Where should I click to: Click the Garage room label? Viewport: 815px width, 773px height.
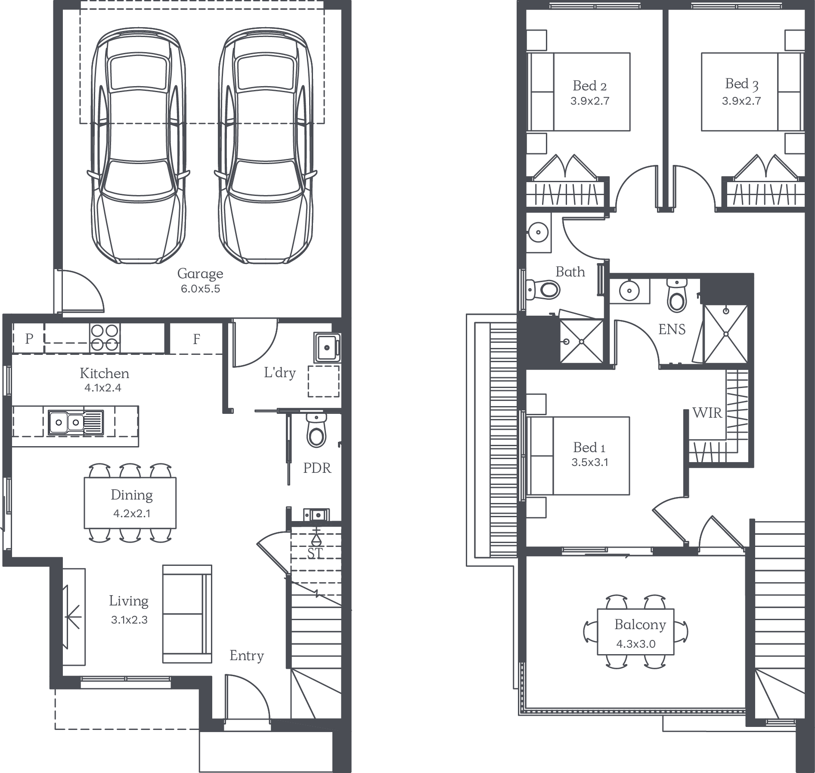(x=200, y=274)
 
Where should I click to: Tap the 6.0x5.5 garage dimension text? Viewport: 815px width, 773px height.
(x=200, y=289)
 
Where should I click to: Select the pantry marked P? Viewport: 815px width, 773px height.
(x=29, y=338)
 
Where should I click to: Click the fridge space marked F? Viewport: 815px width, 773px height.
(x=196, y=339)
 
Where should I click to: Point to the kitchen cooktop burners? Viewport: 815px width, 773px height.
(x=105, y=338)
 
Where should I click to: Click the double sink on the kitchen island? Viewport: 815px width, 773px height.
(x=75, y=422)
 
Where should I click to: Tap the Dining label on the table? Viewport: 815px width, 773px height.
(x=131, y=495)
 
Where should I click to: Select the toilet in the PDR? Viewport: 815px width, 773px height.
(x=316, y=431)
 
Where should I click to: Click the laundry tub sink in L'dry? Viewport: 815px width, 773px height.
(x=327, y=347)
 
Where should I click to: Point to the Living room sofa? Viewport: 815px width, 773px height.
(x=187, y=614)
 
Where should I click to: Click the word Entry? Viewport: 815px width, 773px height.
(x=247, y=656)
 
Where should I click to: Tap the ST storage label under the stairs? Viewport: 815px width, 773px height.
(x=315, y=553)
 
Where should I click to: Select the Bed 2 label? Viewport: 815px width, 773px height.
(x=589, y=86)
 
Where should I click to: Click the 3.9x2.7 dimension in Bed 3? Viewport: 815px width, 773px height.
(x=741, y=101)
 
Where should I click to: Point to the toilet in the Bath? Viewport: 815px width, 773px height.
(x=543, y=289)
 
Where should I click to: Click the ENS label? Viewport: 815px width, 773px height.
(x=672, y=329)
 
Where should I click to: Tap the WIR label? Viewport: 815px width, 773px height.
(x=707, y=413)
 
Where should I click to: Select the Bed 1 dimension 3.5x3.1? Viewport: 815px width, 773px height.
(x=590, y=463)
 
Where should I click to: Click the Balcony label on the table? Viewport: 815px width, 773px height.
(x=640, y=625)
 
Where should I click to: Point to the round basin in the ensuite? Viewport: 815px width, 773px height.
(x=629, y=291)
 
